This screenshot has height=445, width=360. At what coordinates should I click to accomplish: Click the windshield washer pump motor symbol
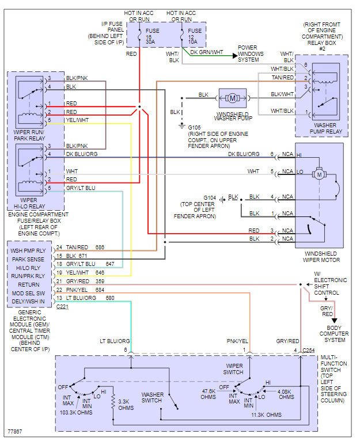click(x=233, y=95)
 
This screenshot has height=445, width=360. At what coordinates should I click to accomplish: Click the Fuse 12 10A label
click(x=195, y=36)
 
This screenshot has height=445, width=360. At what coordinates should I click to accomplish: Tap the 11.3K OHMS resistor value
click(x=266, y=414)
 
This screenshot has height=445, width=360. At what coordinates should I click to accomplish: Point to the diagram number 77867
click(x=15, y=430)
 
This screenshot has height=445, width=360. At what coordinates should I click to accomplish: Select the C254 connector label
click(x=309, y=350)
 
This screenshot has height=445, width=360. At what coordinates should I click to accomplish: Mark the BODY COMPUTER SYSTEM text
click(x=334, y=333)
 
